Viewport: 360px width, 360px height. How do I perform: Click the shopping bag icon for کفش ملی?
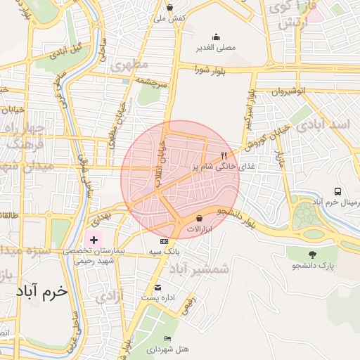[x=169, y=8]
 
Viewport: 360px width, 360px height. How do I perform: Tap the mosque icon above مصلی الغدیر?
[x=215, y=37]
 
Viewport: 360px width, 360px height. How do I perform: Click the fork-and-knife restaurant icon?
[x=224, y=155]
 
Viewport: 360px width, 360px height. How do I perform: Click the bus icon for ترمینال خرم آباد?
[x=338, y=191]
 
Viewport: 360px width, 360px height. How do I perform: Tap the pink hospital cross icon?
[x=94, y=240]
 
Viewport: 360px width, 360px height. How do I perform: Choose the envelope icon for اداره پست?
[x=157, y=287]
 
